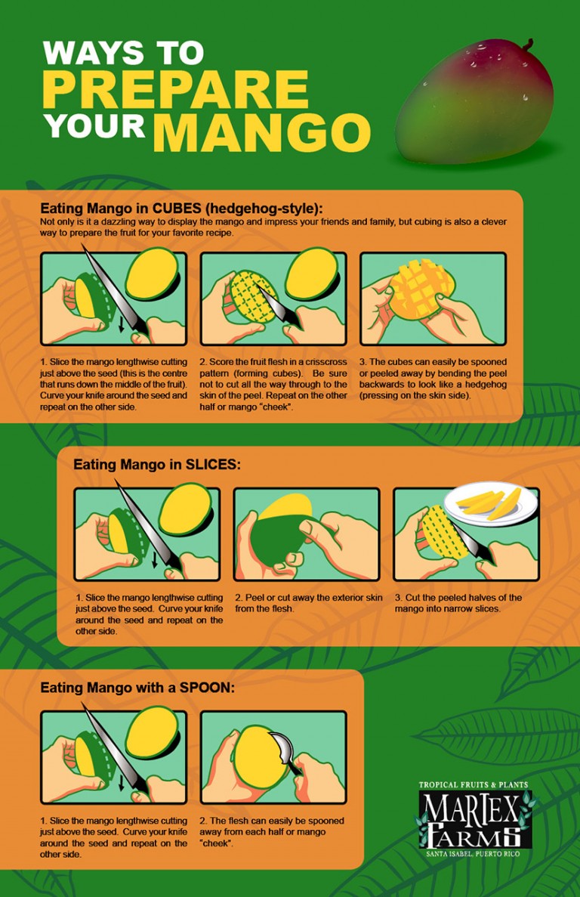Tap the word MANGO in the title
tap(261, 132)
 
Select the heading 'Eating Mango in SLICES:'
tap(156, 465)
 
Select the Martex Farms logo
tap(477, 820)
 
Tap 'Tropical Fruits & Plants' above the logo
tap(474, 785)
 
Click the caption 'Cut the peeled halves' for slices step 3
tap(458, 602)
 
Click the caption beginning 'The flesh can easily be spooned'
tap(272, 831)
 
